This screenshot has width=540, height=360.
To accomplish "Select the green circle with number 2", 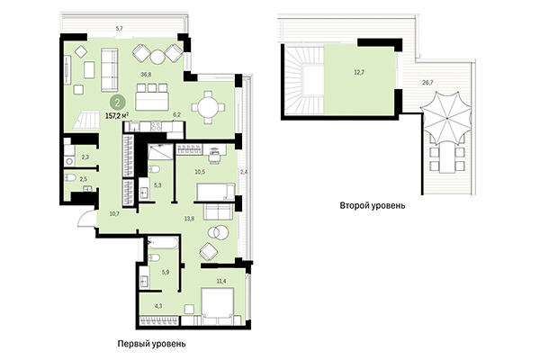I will [x=119, y=103].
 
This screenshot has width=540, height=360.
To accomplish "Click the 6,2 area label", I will [x=177, y=114].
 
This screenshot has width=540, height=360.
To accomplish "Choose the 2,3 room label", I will [x=85, y=157].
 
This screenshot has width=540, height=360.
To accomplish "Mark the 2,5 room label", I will [x=85, y=180].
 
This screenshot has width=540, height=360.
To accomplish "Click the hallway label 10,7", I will [x=113, y=213].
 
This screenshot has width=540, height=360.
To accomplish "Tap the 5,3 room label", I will [x=157, y=185].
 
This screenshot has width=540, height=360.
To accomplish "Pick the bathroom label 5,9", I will [x=164, y=271].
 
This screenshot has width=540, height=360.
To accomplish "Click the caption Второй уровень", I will [x=372, y=205].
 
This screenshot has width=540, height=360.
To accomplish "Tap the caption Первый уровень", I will [x=150, y=344].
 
